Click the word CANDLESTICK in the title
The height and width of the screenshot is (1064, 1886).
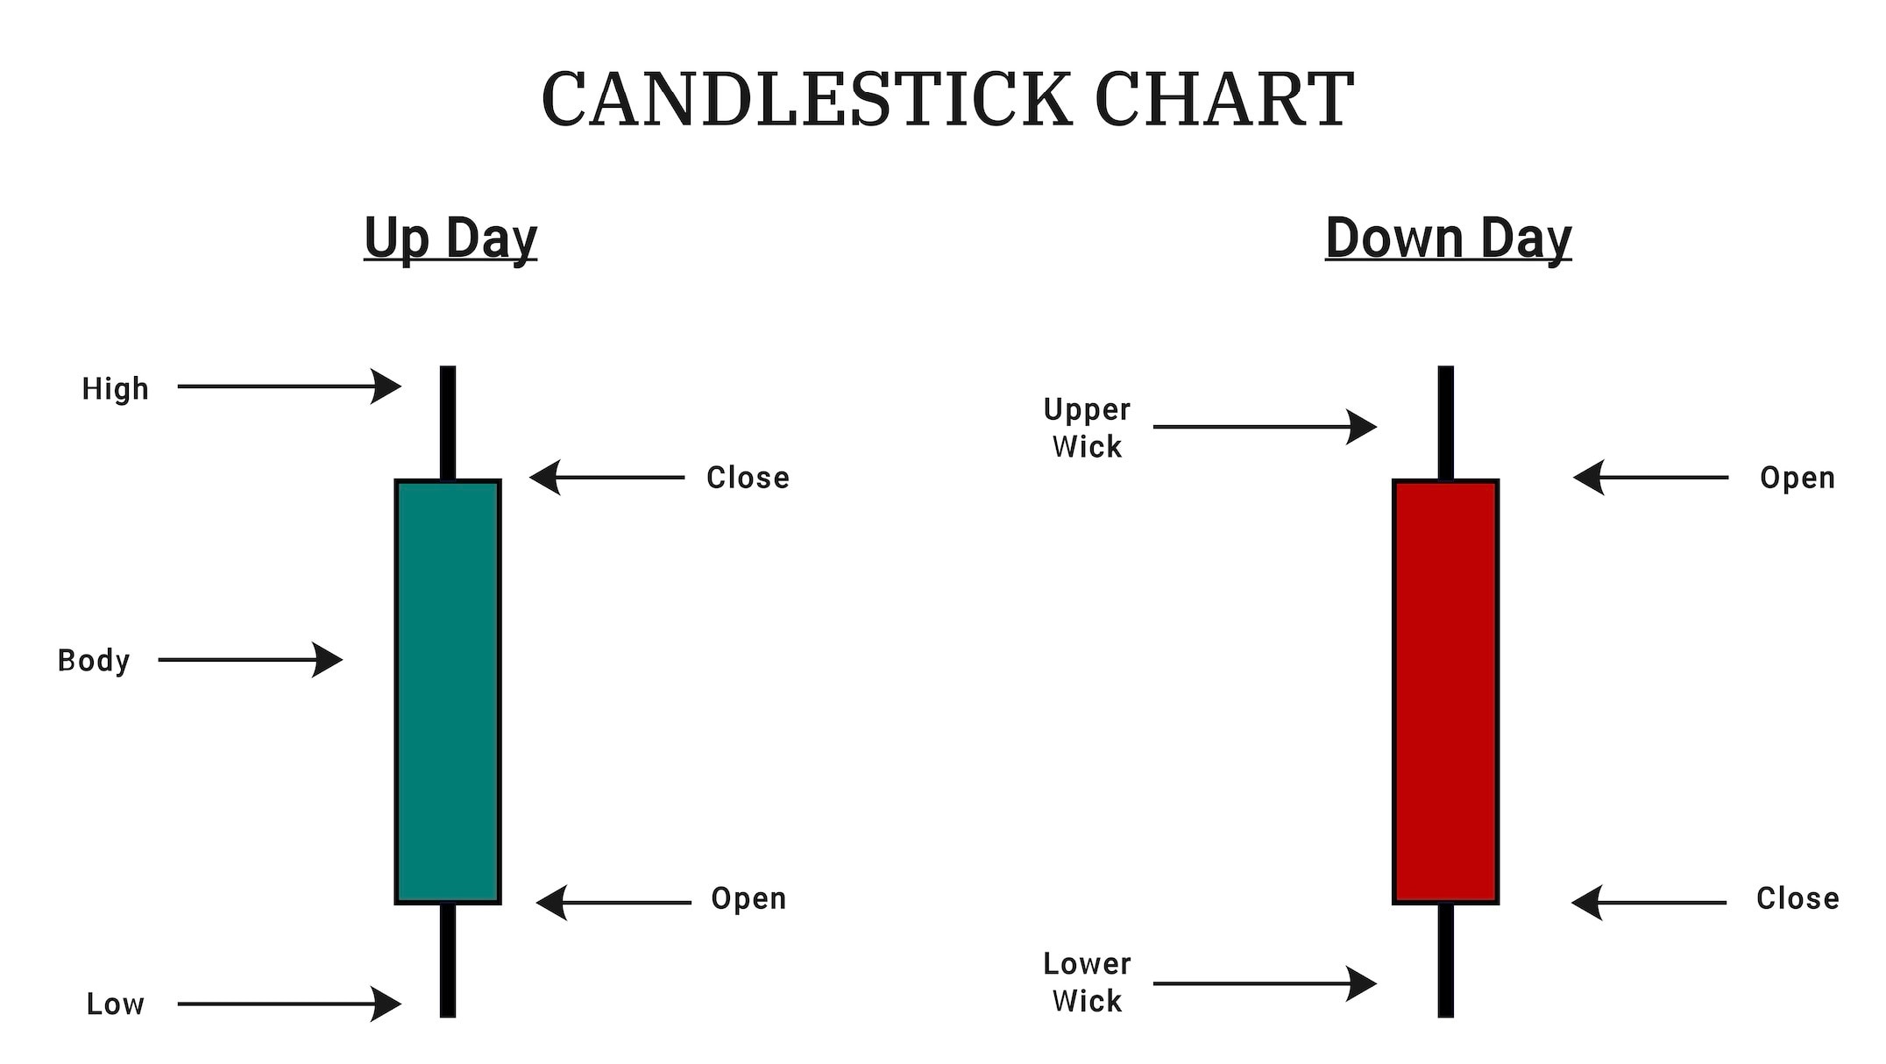click(x=806, y=99)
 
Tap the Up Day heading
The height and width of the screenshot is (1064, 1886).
click(x=450, y=238)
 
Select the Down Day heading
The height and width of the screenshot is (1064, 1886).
click(x=1448, y=238)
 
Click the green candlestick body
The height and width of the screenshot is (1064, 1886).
click(x=448, y=692)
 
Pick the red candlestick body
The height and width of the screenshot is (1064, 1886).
click(x=1445, y=692)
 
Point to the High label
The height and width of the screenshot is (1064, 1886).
click(x=116, y=388)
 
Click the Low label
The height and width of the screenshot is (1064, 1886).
click(x=116, y=1004)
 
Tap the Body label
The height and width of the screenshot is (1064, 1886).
click(x=94, y=660)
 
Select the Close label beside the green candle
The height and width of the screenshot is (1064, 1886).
click(x=748, y=478)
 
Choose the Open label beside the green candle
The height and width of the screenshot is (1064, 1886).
click(x=748, y=898)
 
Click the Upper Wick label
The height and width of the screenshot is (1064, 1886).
click(x=1087, y=429)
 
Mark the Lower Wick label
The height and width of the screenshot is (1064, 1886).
click(x=1087, y=982)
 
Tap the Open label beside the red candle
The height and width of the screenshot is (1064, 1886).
click(x=1797, y=478)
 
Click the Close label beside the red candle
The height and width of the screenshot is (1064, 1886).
click(x=1797, y=898)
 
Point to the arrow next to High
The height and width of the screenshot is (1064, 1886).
click(x=289, y=386)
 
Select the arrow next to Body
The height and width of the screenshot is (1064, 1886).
click(x=251, y=660)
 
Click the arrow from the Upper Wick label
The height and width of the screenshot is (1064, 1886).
click(x=1266, y=427)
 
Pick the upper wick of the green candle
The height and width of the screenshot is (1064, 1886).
click(x=448, y=422)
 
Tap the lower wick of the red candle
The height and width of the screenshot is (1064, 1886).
click(x=1446, y=961)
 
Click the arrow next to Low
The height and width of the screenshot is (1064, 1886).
click(x=289, y=1004)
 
